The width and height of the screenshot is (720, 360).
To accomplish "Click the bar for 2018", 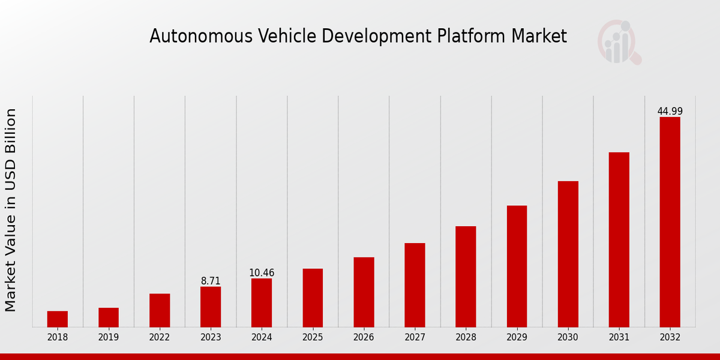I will click(x=58, y=319).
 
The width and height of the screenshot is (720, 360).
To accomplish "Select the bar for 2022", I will click(x=160, y=310).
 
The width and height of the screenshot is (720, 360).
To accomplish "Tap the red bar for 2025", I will click(x=313, y=298).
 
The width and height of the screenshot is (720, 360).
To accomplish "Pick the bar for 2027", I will click(x=415, y=285).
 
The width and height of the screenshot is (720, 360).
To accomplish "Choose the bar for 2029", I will click(x=517, y=266).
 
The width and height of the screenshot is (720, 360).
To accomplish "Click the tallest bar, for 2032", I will click(x=670, y=222).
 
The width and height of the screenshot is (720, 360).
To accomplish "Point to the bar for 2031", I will click(x=619, y=240).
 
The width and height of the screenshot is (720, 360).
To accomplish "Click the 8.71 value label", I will click(x=211, y=281).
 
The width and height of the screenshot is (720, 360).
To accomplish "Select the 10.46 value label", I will click(x=262, y=273).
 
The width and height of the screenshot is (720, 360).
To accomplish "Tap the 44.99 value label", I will click(x=670, y=112).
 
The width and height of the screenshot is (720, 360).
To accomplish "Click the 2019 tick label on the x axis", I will click(x=109, y=338).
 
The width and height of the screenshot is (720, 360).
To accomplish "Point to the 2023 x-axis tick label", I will click(x=211, y=338).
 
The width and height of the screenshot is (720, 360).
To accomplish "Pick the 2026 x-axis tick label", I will click(x=364, y=338).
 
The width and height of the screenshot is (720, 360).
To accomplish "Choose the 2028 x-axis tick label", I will click(x=466, y=338).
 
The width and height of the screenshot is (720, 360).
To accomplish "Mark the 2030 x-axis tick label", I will click(x=568, y=338).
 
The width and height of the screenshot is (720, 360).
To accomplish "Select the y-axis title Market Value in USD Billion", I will click(x=11, y=210).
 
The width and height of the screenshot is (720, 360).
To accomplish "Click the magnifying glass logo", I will click(x=619, y=43).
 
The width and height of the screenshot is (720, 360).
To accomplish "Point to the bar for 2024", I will click(x=262, y=303).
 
